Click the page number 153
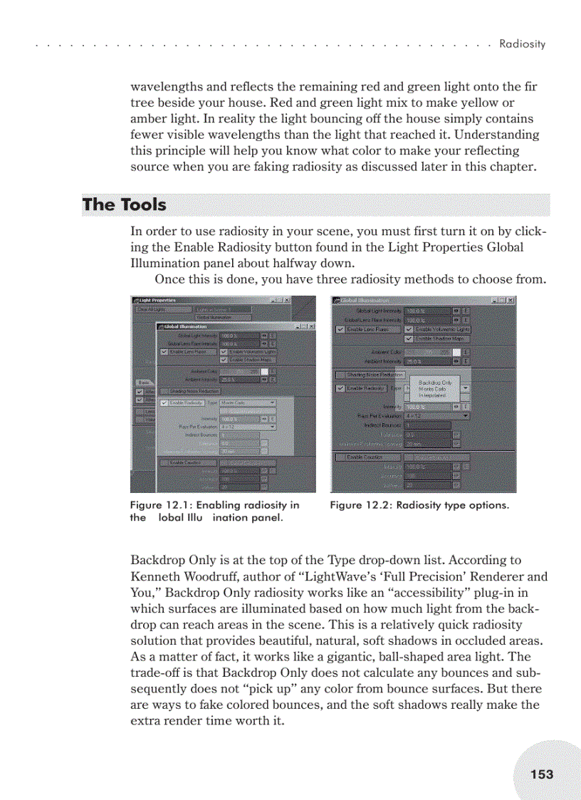point(541,774)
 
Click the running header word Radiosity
point(522,44)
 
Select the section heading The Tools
point(124,205)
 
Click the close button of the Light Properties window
point(287,300)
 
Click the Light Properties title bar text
point(158,300)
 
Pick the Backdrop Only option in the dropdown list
point(435,383)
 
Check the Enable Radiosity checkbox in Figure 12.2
point(340,388)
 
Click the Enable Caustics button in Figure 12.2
point(365,457)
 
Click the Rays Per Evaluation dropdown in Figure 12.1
point(247,427)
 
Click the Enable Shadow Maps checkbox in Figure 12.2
point(409,338)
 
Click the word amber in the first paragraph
point(147,119)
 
